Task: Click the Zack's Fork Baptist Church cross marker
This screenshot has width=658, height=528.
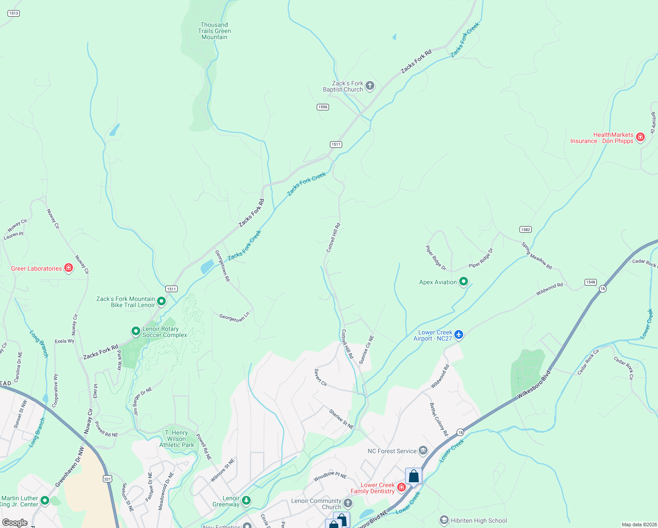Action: tap(370, 86)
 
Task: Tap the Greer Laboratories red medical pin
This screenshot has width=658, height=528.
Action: tap(68, 268)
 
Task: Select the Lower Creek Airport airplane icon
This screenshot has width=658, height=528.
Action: tap(459, 335)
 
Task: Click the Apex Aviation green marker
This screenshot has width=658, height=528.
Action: tap(463, 282)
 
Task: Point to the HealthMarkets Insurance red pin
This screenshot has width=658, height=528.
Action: tap(640, 137)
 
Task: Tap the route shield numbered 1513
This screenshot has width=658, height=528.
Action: tap(14, 13)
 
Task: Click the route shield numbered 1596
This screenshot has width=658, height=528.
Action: tap(323, 107)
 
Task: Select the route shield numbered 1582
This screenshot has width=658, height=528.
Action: tap(525, 229)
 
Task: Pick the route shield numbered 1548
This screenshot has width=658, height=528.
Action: tap(590, 282)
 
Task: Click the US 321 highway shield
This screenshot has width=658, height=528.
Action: tap(107, 478)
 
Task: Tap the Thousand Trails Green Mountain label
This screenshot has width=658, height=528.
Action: tap(214, 31)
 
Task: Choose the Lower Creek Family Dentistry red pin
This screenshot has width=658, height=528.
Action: tap(401, 487)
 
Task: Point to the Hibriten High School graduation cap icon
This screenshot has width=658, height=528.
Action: tap(444, 521)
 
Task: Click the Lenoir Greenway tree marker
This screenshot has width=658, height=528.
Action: tap(246, 500)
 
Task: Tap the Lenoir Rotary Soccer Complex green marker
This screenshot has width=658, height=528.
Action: tap(136, 331)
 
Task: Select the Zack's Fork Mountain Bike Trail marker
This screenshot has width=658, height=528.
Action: tap(161, 301)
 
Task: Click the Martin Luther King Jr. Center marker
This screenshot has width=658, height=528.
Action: tap(44, 501)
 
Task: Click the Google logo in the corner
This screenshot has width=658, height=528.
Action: tap(15, 522)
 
